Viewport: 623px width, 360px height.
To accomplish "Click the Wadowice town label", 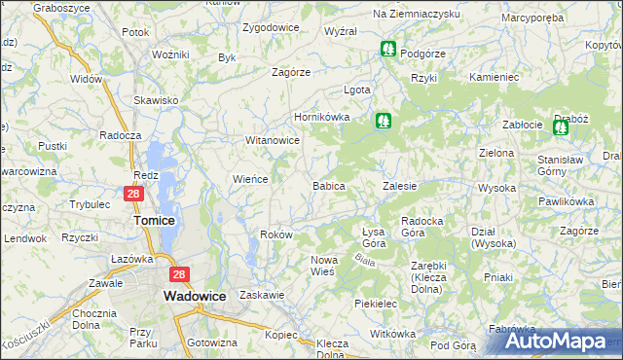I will (x=197, y=295).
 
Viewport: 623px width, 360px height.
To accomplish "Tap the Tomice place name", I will (x=153, y=221).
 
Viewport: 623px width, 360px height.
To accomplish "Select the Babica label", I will (x=328, y=185).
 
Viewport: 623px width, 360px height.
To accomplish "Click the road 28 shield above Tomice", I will (x=134, y=195).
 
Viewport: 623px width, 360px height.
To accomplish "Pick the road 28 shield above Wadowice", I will (x=179, y=276).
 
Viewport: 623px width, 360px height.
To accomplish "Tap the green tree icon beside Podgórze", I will (x=388, y=48).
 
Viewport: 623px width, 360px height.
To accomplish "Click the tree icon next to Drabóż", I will (x=560, y=126).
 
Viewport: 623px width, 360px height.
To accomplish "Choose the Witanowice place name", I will (x=272, y=140).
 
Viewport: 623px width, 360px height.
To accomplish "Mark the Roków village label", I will (x=277, y=234).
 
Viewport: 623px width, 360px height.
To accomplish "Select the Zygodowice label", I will (x=271, y=27).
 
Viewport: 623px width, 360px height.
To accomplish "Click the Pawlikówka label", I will (x=566, y=201).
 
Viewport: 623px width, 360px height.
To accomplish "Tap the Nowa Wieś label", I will (x=323, y=265).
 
